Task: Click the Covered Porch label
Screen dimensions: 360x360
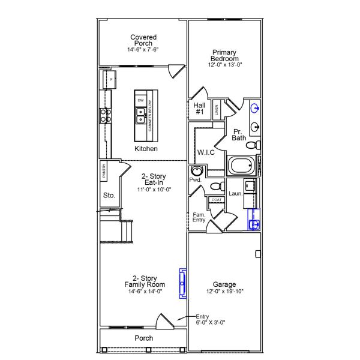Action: [143, 43]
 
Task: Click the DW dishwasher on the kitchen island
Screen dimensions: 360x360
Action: [140, 100]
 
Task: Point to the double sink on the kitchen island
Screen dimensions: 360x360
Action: [140, 115]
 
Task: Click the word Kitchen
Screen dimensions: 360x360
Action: [146, 149]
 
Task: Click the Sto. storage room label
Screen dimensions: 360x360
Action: [109, 195]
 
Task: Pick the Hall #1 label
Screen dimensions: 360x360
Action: [200, 108]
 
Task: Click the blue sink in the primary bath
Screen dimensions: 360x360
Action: [256, 109]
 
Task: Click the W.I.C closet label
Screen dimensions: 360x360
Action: [206, 152]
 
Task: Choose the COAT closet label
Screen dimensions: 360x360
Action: [215, 200]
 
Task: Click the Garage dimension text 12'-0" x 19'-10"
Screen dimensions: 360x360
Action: [224, 292]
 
